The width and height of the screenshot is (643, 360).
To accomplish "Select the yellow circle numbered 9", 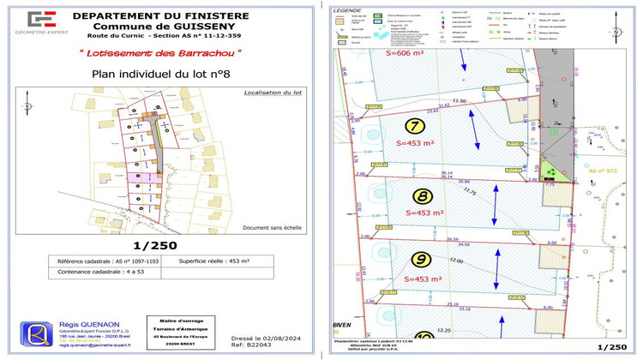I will click(x=421, y=259).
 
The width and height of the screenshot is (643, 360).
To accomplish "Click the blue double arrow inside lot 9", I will click(x=497, y=272).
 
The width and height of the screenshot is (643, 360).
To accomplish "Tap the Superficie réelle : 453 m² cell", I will click(x=214, y=261).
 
